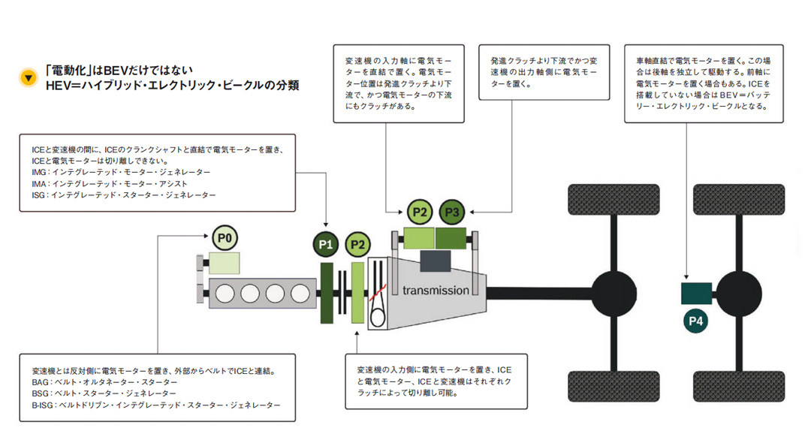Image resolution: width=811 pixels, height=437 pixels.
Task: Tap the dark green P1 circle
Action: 326,245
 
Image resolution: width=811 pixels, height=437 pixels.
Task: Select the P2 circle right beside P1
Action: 358,245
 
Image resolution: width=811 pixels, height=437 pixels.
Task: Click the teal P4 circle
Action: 696,322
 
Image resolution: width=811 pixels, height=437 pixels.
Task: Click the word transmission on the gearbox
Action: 436,290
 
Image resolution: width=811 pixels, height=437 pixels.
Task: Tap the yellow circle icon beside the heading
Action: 29,77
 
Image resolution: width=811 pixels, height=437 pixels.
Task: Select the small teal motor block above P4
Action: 696,293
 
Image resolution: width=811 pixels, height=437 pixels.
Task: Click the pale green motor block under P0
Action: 225,263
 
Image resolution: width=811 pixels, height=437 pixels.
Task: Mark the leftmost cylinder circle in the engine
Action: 226,292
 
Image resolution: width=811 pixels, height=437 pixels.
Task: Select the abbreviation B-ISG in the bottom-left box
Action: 44,405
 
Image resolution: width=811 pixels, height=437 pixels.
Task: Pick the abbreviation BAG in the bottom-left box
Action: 41,382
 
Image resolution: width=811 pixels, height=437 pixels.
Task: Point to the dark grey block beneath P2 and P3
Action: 436,261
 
